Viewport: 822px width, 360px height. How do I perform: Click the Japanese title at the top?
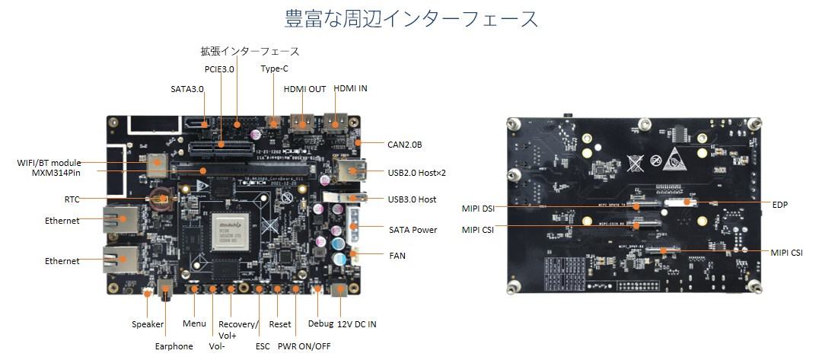[x=410, y=19]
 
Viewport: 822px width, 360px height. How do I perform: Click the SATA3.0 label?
[x=187, y=89]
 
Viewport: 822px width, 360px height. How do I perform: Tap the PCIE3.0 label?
[x=219, y=69]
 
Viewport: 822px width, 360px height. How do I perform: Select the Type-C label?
[x=274, y=68]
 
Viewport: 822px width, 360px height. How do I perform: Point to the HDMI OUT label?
[x=304, y=89]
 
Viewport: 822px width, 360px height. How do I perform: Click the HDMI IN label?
[x=350, y=88]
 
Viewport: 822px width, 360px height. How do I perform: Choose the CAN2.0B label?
[x=405, y=144]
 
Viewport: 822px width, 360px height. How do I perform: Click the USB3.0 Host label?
[x=412, y=199]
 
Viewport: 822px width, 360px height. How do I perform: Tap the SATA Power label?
[x=413, y=229]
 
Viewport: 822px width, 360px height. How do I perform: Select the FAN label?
[x=398, y=256]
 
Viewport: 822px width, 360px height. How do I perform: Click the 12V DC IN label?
[x=357, y=324]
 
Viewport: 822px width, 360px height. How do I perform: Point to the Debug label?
[x=320, y=323]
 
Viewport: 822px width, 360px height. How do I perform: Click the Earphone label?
[x=174, y=346]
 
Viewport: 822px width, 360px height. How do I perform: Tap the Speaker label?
[x=148, y=324]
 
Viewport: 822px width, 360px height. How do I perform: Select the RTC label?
[x=72, y=199]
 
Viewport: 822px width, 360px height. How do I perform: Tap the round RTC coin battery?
[x=161, y=199]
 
